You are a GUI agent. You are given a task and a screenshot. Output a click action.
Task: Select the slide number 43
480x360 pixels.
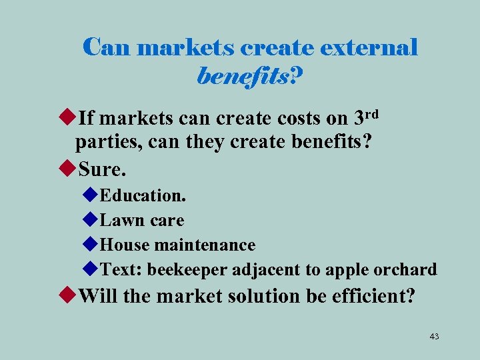(x=434, y=337)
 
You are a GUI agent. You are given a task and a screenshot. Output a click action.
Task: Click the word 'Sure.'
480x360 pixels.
(x=102, y=169)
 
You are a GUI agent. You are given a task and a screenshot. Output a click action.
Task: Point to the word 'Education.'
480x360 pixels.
(x=143, y=196)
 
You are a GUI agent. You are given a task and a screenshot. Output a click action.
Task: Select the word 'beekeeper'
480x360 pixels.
(x=188, y=269)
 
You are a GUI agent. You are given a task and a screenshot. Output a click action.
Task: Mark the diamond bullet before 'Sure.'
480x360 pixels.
(x=67, y=169)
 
